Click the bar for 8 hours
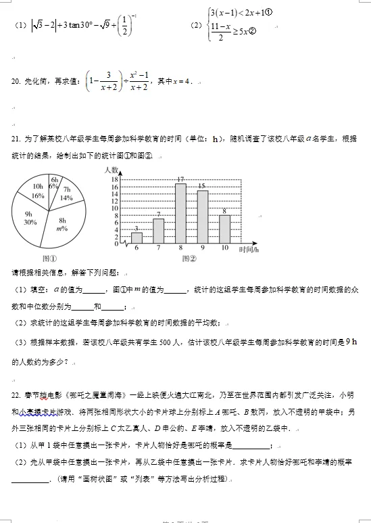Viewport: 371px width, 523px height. [180, 213]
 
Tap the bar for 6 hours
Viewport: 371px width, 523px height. [137, 237]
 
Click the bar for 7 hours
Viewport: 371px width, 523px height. [159, 231]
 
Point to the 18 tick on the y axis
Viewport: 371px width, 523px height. [115, 179]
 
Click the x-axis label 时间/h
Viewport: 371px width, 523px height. [248, 249]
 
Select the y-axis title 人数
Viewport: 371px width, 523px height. [112, 169]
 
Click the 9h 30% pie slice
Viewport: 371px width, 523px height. [30, 217]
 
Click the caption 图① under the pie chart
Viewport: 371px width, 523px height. [49, 258]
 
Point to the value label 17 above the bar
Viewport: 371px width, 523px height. [180, 179]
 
